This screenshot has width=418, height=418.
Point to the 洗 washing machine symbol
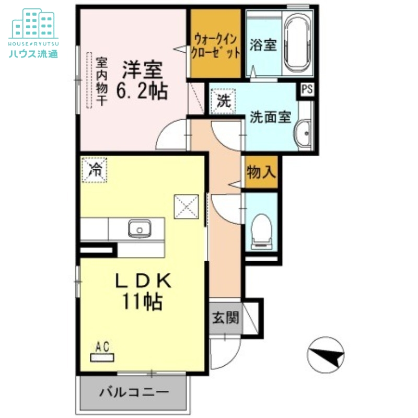click(223, 101)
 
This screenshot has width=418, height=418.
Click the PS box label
click(307, 89)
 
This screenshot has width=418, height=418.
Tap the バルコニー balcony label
click(134, 391)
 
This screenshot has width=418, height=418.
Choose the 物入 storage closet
click(261, 171)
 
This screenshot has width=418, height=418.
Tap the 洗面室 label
click(270, 117)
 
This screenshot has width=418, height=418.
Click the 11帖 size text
click(142, 301)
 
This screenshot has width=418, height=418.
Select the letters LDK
click(143, 281)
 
